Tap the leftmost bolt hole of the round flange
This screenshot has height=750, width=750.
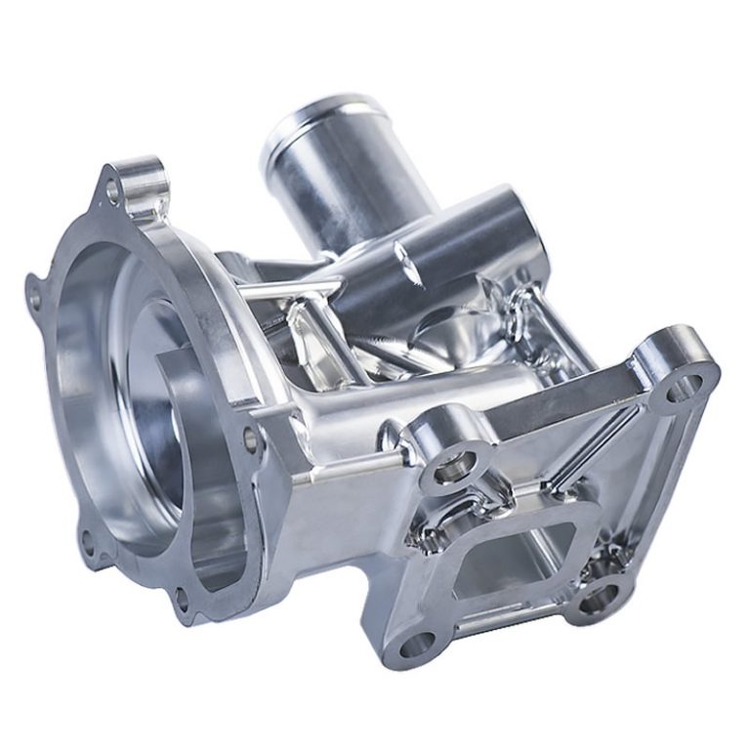click(x=34, y=290)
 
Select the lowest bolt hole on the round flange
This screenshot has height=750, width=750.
click(x=182, y=598)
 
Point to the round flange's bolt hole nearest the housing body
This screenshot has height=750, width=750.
click(x=252, y=439)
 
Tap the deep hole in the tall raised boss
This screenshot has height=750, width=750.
click(x=452, y=468)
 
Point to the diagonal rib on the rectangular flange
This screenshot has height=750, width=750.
click(x=586, y=449)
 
